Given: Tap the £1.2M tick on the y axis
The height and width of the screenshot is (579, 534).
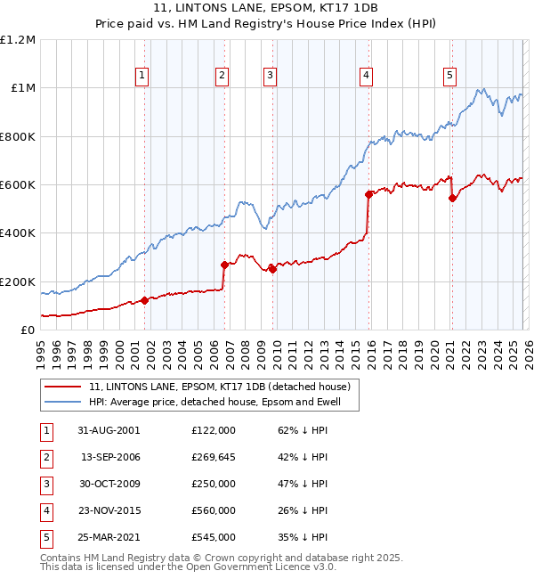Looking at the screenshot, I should [18, 40].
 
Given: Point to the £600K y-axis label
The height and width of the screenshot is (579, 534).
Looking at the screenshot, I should [17, 185].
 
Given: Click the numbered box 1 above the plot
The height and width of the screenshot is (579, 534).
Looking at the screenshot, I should [142, 77].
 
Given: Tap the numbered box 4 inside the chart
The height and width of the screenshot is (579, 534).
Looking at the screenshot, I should [366, 77].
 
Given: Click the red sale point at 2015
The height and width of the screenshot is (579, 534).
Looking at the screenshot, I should [368, 193].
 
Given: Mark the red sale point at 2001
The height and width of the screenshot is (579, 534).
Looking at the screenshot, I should [145, 300].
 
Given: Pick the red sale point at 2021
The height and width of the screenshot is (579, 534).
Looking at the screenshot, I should [452, 198].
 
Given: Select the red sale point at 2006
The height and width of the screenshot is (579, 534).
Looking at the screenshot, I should [224, 265].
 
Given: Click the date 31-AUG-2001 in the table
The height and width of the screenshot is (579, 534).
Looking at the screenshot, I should [109, 430].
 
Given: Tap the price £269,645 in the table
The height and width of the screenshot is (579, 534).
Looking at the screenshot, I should [214, 457].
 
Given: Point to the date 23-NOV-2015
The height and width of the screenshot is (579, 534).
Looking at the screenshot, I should [109, 510].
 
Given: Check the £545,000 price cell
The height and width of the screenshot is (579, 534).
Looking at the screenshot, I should [214, 537].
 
